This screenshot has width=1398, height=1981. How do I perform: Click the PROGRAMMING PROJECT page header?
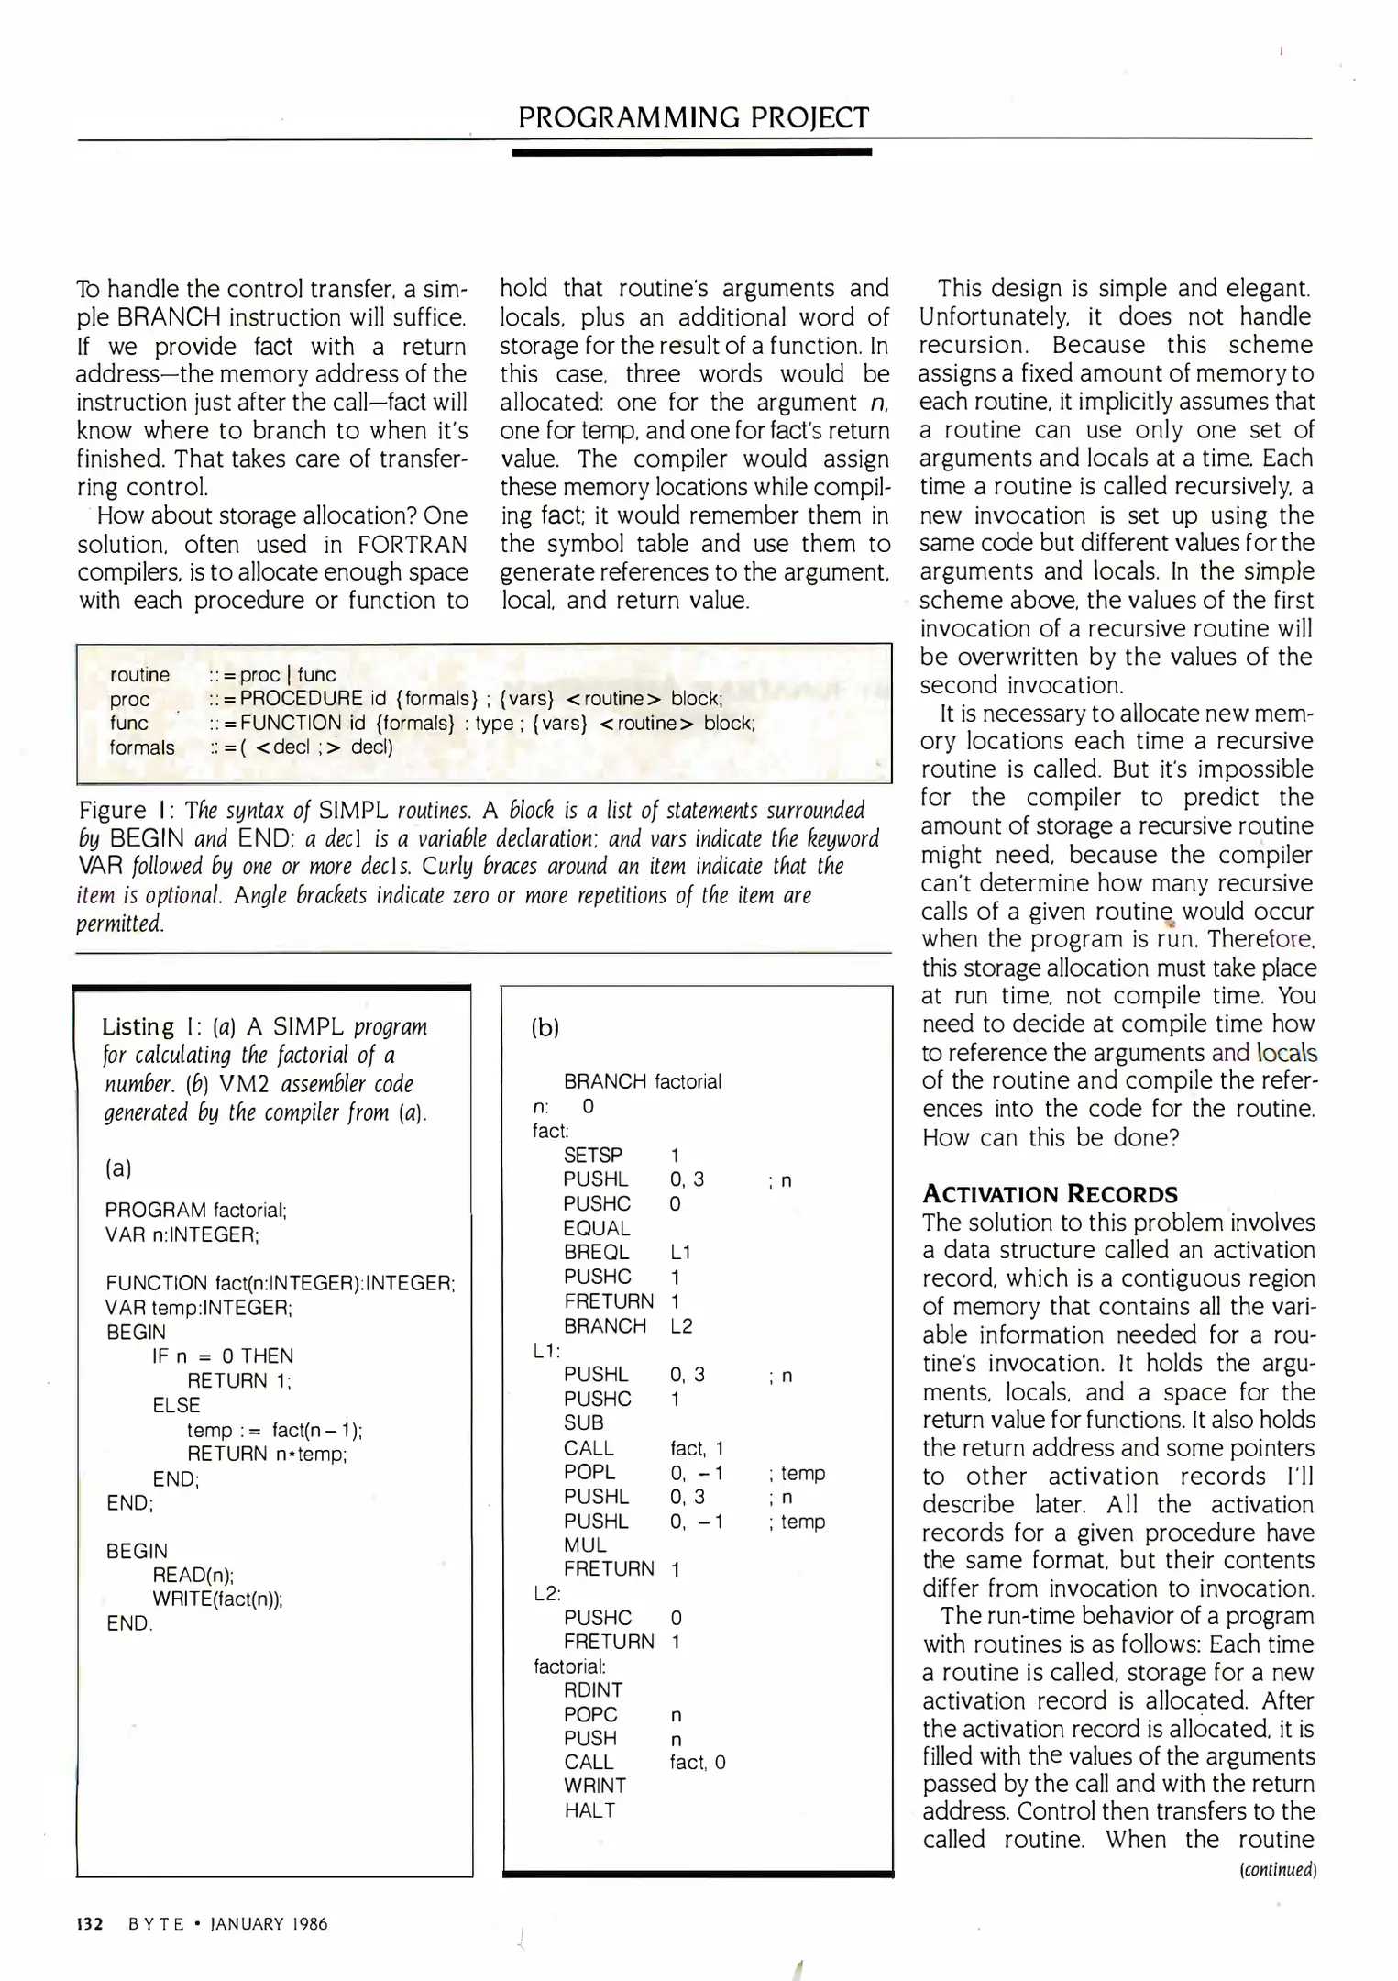[x=693, y=117]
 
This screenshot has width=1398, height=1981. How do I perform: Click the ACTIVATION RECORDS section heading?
[x=1050, y=1193]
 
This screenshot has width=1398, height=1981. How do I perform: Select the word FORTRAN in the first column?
[x=412, y=544]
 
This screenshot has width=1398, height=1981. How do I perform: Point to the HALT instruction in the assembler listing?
[x=589, y=1810]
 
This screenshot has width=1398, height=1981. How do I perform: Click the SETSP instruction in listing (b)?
[x=592, y=1155]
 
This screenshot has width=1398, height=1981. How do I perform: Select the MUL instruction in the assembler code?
[x=585, y=1544]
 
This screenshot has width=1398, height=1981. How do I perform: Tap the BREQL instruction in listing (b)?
[x=596, y=1252]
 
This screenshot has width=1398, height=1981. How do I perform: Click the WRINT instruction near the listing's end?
[x=595, y=1786]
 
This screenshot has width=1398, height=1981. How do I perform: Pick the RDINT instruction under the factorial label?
[x=593, y=1689]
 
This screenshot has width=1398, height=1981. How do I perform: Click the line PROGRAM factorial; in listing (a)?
[x=196, y=1210]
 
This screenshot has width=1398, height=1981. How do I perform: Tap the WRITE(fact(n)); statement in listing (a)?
[x=217, y=1599]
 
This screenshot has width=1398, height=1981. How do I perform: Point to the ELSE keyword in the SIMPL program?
[x=176, y=1404]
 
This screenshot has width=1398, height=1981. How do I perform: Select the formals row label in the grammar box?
[x=142, y=747]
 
